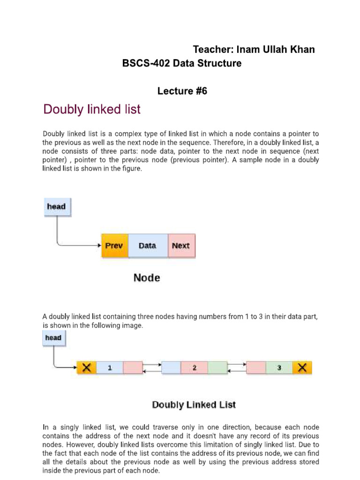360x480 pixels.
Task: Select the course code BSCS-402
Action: pos(146,64)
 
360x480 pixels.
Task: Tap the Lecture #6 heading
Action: pos(182,91)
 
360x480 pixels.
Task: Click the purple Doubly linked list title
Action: pos(92,110)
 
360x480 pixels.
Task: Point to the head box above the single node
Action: pos(57,207)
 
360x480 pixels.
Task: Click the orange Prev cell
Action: pos(114,246)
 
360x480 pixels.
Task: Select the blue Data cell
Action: pos(148,246)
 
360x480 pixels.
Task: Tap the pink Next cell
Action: pos(181,246)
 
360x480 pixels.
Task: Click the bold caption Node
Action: pos(147,277)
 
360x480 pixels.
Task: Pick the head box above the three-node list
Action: pos(53,337)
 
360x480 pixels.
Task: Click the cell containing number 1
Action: pos(110,368)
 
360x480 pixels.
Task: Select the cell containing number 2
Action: pos(194,368)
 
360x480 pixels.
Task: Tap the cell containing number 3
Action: pos(279,368)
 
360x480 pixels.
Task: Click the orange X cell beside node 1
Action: pos(86,368)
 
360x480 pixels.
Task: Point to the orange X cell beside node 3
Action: pos(302,368)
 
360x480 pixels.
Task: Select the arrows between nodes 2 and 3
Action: pos(236,368)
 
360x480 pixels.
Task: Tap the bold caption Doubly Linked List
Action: pos(194,405)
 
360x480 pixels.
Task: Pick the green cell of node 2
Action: pos(217,368)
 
